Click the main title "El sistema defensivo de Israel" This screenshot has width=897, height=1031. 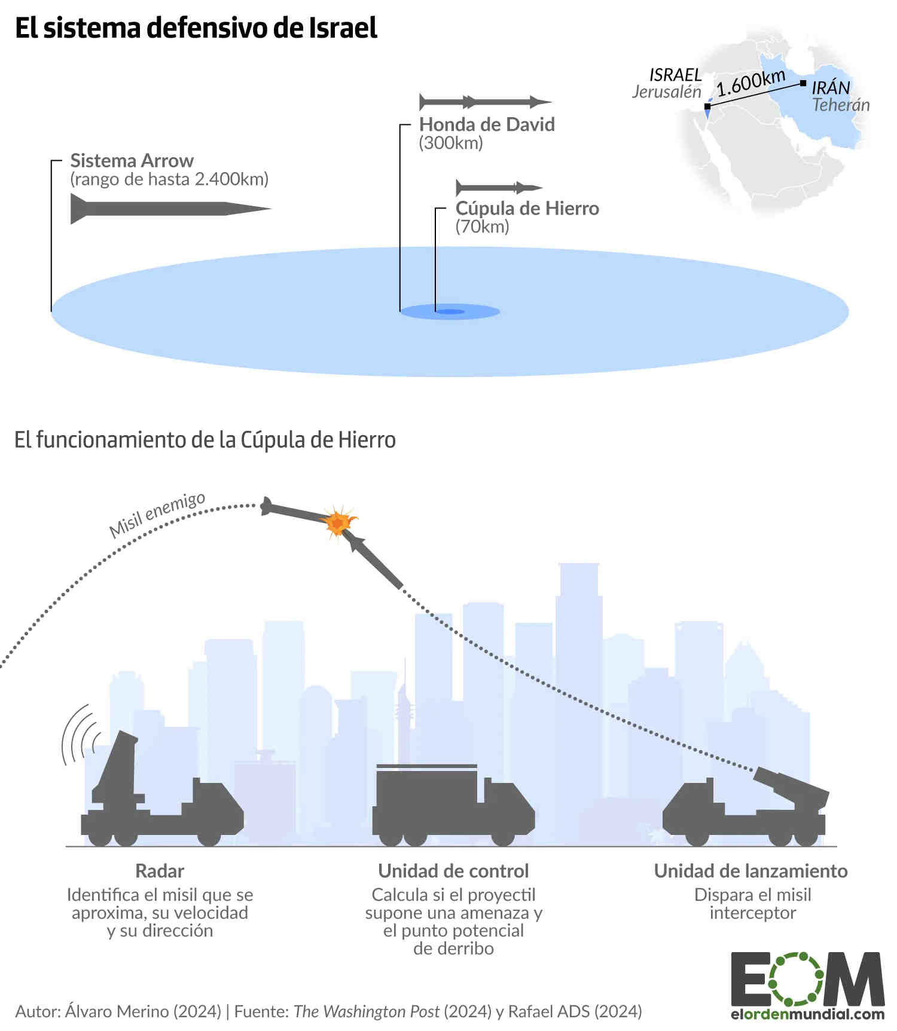pyautogui.click(x=196, y=28)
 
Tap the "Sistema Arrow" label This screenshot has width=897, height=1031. pyautogui.click(x=132, y=161)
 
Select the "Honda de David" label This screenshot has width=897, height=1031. pyautogui.click(x=487, y=124)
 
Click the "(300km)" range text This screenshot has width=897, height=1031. pyautogui.click(x=451, y=143)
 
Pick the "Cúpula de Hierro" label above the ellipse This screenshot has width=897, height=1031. pyautogui.click(x=527, y=208)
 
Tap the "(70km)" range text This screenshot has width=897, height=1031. pyautogui.click(x=482, y=227)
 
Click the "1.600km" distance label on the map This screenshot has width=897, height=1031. pyautogui.click(x=750, y=83)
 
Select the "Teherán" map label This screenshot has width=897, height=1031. pyautogui.click(x=840, y=105)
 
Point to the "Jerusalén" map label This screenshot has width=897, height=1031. pyautogui.click(x=666, y=91)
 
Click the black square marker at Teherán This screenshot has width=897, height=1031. pyautogui.click(x=803, y=83)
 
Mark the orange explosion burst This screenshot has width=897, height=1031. pyautogui.click(x=338, y=523)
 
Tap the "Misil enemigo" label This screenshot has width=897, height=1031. pyautogui.click(x=157, y=515)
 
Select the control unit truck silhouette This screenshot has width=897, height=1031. pyautogui.click(x=452, y=807)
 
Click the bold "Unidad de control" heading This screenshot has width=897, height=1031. pyautogui.click(x=453, y=871)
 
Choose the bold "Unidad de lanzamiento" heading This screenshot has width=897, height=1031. pyautogui.click(x=750, y=871)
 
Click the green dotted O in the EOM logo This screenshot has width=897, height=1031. pyautogui.click(x=796, y=979)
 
